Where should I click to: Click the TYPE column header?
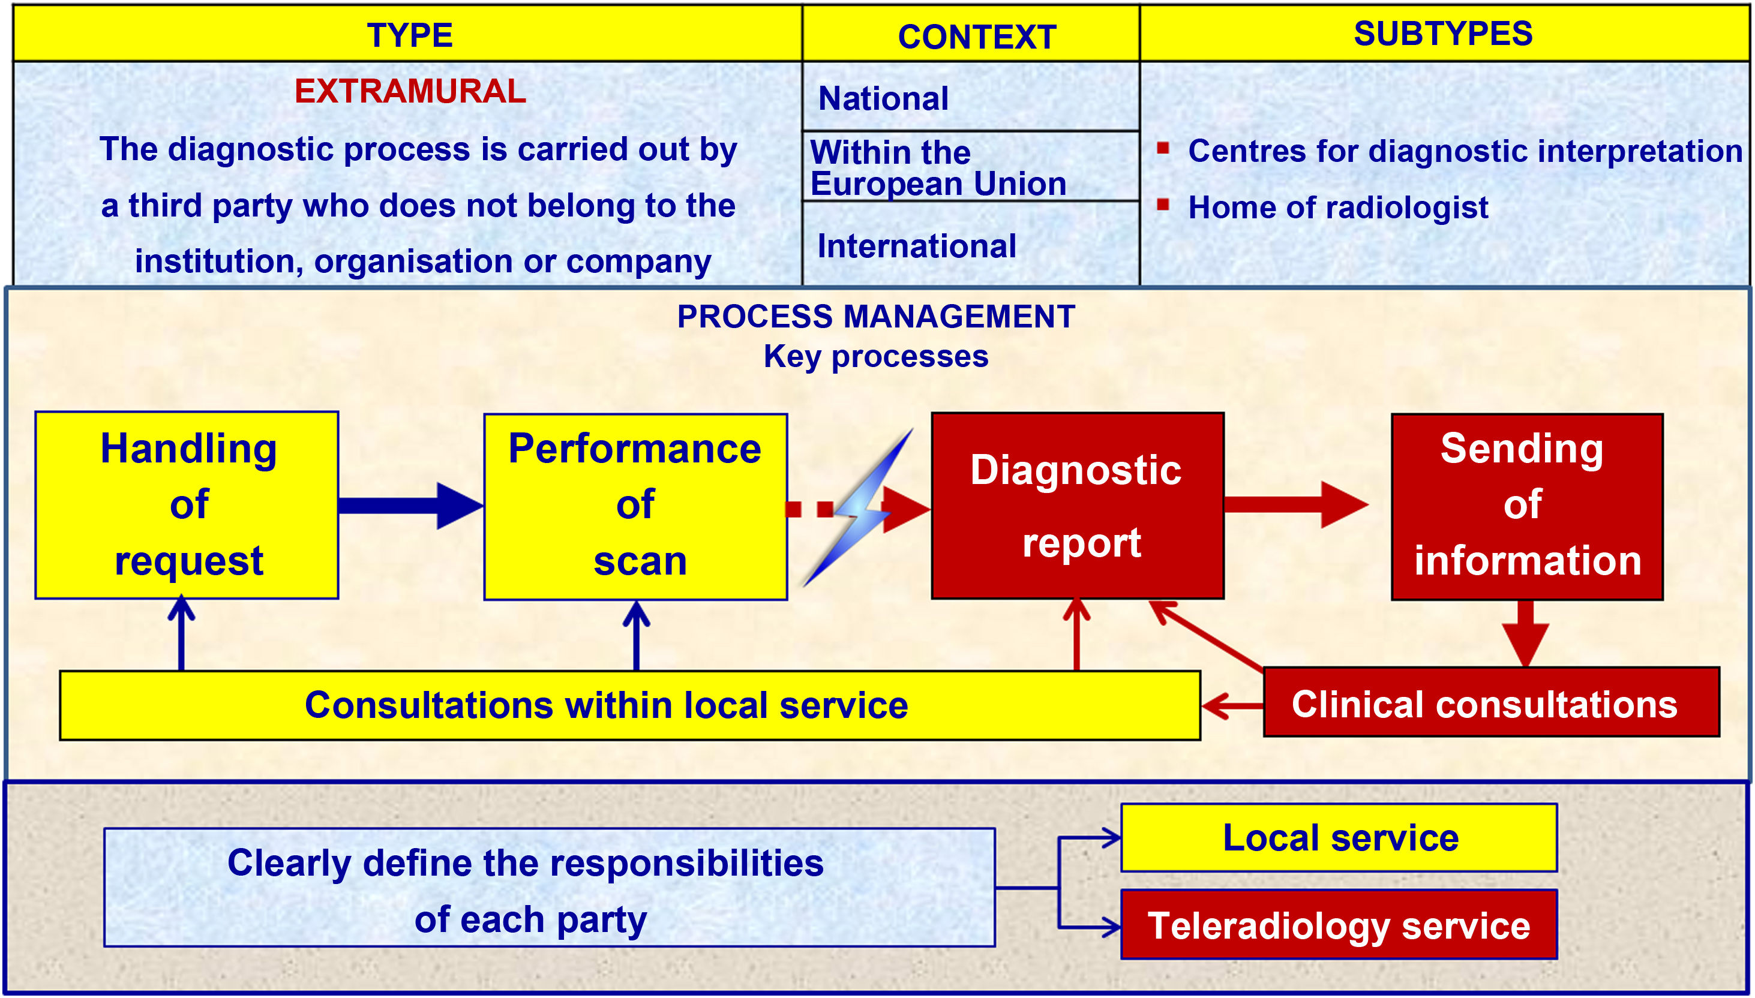tap(409, 34)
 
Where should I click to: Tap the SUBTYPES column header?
tap(1443, 34)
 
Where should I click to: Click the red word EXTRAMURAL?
tap(410, 91)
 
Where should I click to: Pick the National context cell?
tap(971, 97)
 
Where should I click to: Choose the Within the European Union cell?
tap(971, 167)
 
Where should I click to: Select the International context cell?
tap(971, 244)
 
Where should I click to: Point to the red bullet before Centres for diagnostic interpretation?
tap(1163, 148)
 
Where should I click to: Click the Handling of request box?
tap(187, 505)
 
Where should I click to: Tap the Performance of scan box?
tap(635, 507)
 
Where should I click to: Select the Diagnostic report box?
tap(1078, 506)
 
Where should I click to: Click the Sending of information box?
tap(1528, 507)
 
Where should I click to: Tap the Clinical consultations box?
tap(1492, 702)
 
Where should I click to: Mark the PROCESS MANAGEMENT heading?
tap(876, 317)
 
